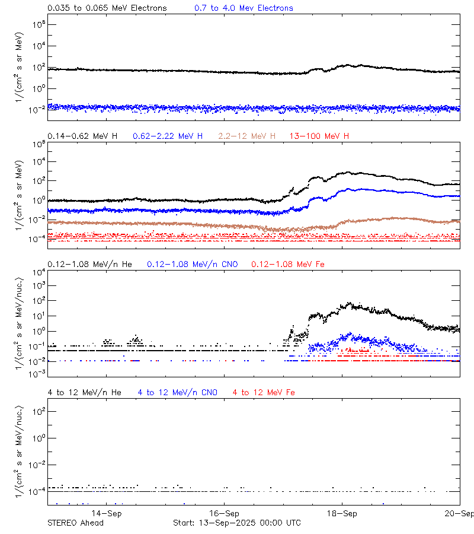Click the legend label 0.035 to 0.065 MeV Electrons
click(x=107, y=8)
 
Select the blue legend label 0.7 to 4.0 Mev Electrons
click(x=244, y=8)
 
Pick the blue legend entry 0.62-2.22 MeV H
click(x=168, y=136)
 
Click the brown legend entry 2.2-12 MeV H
click(x=247, y=136)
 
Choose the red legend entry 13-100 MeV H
click(x=319, y=136)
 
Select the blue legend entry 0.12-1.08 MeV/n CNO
click(x=192, y=264)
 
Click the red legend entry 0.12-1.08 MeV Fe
click(x=288, y=264)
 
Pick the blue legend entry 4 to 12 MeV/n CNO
click(x=177, y=393)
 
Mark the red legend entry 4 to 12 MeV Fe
click(x=264, y=393)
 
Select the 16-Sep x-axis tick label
click(x=225, y=513)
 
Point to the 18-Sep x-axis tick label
click(x=342, y=513)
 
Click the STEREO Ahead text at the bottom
click(x=75, y=523)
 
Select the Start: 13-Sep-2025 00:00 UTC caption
click(x=236, y=523)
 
